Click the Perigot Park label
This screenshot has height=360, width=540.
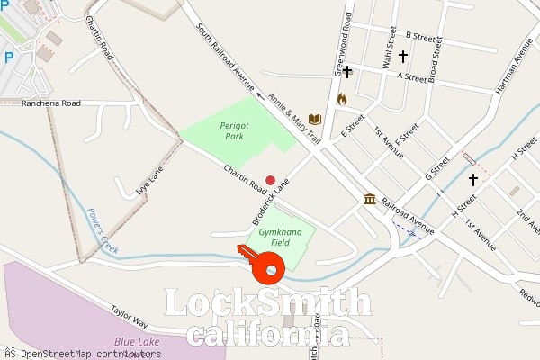(233, 131)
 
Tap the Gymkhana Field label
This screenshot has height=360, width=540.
(274, 238)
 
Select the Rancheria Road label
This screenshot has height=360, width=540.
(51, 103)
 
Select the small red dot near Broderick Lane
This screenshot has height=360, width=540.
(270, 180)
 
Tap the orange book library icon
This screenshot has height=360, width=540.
(315, 120)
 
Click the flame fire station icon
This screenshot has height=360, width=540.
(341, 99)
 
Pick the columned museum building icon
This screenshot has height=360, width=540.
(369, 199)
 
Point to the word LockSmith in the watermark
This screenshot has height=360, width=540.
(267, 303)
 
